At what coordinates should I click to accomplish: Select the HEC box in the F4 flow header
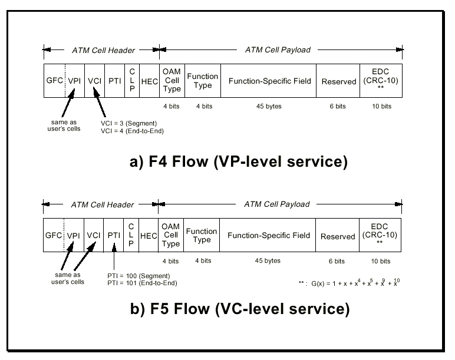[150, 82]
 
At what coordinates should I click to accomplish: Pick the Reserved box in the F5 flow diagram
[338, 236]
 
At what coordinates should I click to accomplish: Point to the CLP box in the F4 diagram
[132, 82]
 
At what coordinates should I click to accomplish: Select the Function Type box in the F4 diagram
[202, 81]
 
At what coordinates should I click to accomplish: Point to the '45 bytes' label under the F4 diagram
[269, 107]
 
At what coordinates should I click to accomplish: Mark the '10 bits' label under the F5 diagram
[381, 260]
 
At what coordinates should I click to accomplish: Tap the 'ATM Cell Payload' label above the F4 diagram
[278, 49]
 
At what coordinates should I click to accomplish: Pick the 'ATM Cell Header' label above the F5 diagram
[103, 204]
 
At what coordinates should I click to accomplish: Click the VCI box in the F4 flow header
[94, 82]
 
